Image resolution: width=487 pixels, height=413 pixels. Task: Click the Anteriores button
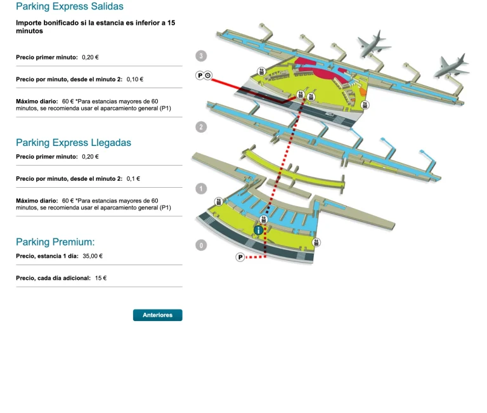(157, 315)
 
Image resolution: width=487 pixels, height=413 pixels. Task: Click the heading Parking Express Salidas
(70, 7)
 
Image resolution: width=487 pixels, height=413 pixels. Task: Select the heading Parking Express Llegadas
(74, 143)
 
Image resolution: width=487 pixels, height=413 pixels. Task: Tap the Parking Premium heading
(55, 242)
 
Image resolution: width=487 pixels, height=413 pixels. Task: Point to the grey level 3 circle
(201, 56)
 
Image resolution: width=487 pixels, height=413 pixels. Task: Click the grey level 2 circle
(201, 127)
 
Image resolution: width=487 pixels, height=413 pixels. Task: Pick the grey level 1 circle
(201, 188)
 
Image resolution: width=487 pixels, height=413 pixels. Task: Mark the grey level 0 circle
(201, 246)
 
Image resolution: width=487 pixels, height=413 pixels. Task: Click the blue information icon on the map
(258, 230)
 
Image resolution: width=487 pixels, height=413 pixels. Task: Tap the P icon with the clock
(204, 76)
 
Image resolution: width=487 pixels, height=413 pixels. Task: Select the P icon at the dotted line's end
(240, 257)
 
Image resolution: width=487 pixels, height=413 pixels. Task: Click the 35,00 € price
(93, 256)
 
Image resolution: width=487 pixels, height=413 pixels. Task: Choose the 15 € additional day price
(101, 278)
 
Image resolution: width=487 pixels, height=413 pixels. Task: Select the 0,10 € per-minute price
(135, 79)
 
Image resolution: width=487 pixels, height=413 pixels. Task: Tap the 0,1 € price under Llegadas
(133, 178)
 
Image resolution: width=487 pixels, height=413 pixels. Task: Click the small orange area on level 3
(363, 92)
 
